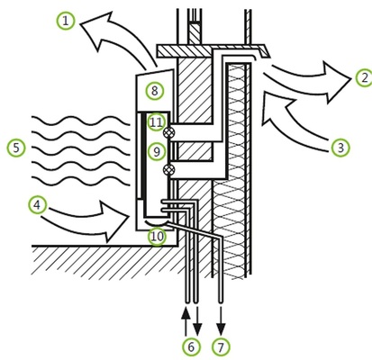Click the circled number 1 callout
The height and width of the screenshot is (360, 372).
click(65, 20)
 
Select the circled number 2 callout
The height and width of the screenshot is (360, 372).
click(363, 78)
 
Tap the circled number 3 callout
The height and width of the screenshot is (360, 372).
click(340, 148)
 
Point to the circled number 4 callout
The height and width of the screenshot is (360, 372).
click(37, 205)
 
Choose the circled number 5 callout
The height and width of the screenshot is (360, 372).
click(15, 148)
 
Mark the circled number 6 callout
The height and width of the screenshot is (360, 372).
click(191, 346)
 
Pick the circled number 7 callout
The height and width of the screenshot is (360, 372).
click(221, 346)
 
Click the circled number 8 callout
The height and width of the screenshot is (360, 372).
click(155, 91)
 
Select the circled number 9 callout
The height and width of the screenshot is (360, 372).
click(157, 152)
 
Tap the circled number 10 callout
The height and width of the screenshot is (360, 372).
click(157, 237)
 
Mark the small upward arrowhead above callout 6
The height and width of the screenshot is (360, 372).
click(186, 313)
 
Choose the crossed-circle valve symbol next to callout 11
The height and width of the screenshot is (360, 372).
click(169, 133)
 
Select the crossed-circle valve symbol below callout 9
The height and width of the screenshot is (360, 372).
click(169, 169)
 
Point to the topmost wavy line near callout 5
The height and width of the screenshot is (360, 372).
click(81, 120)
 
